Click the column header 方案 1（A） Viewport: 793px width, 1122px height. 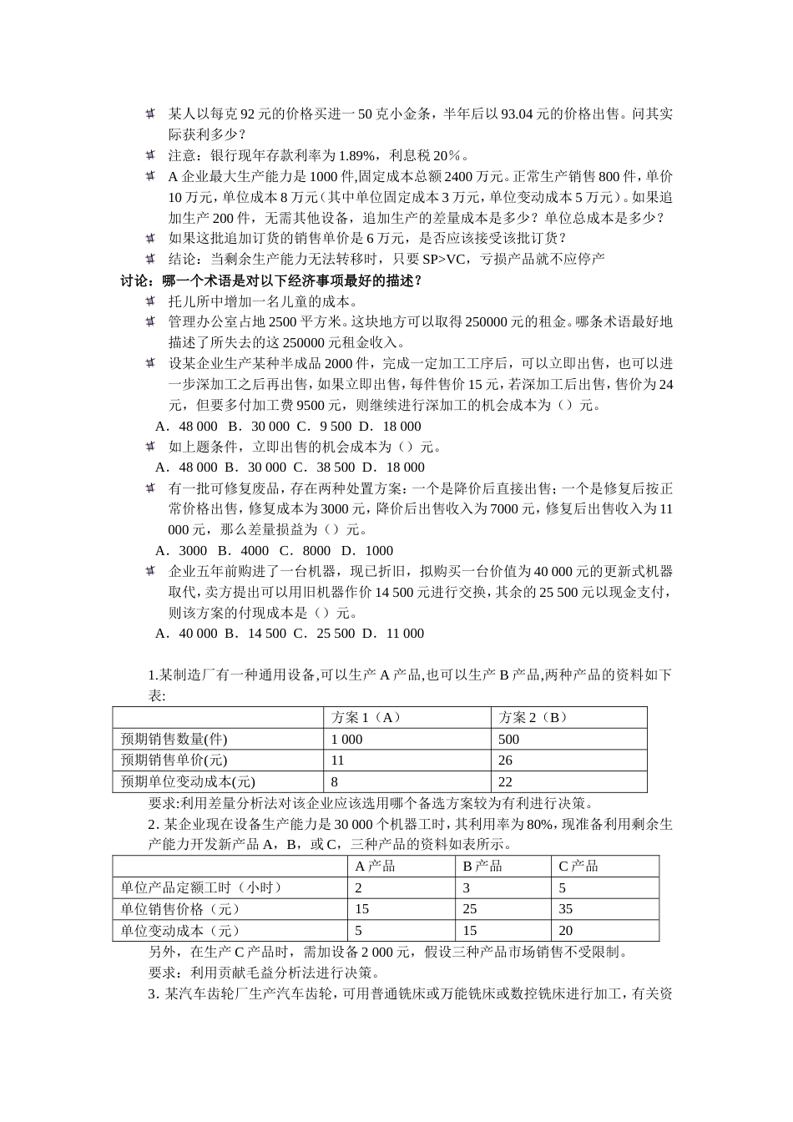366,717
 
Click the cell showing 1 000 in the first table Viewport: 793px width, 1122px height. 347,739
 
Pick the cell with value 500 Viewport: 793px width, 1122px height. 508,739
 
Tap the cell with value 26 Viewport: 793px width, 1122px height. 505,761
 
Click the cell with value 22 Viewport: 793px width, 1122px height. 505,782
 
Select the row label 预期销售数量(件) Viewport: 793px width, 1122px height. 174,739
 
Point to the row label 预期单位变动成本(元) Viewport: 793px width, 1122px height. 188,782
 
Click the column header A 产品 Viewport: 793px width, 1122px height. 375,866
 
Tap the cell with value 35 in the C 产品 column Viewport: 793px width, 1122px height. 566,909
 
